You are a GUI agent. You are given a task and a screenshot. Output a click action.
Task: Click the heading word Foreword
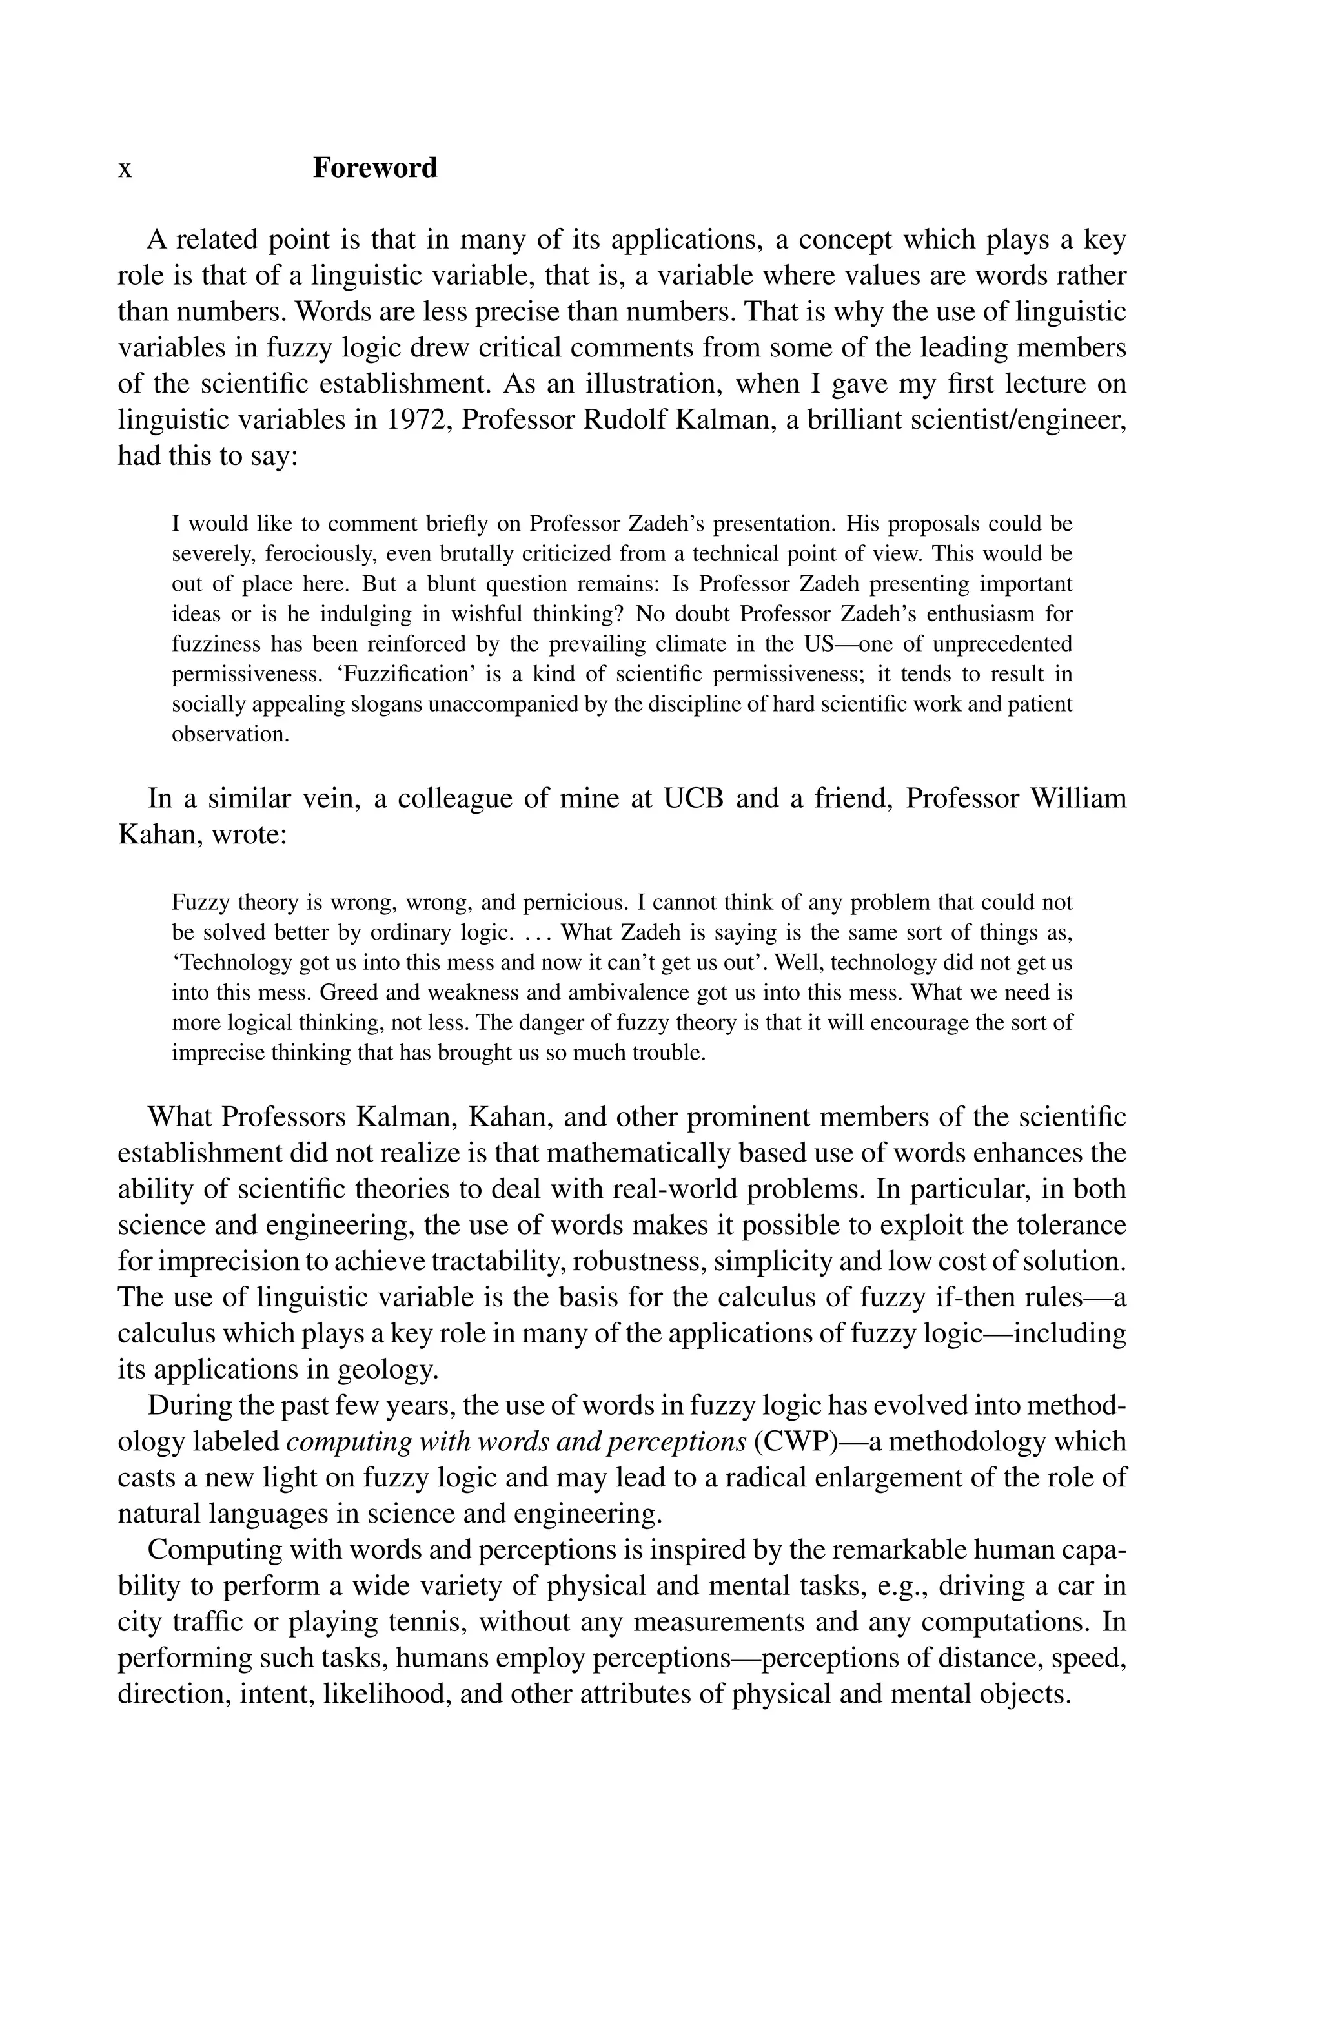pos(374,168)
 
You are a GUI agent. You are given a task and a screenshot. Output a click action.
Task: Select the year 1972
pos(418,420)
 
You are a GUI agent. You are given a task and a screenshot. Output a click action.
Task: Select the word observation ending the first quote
pos(230,734)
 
